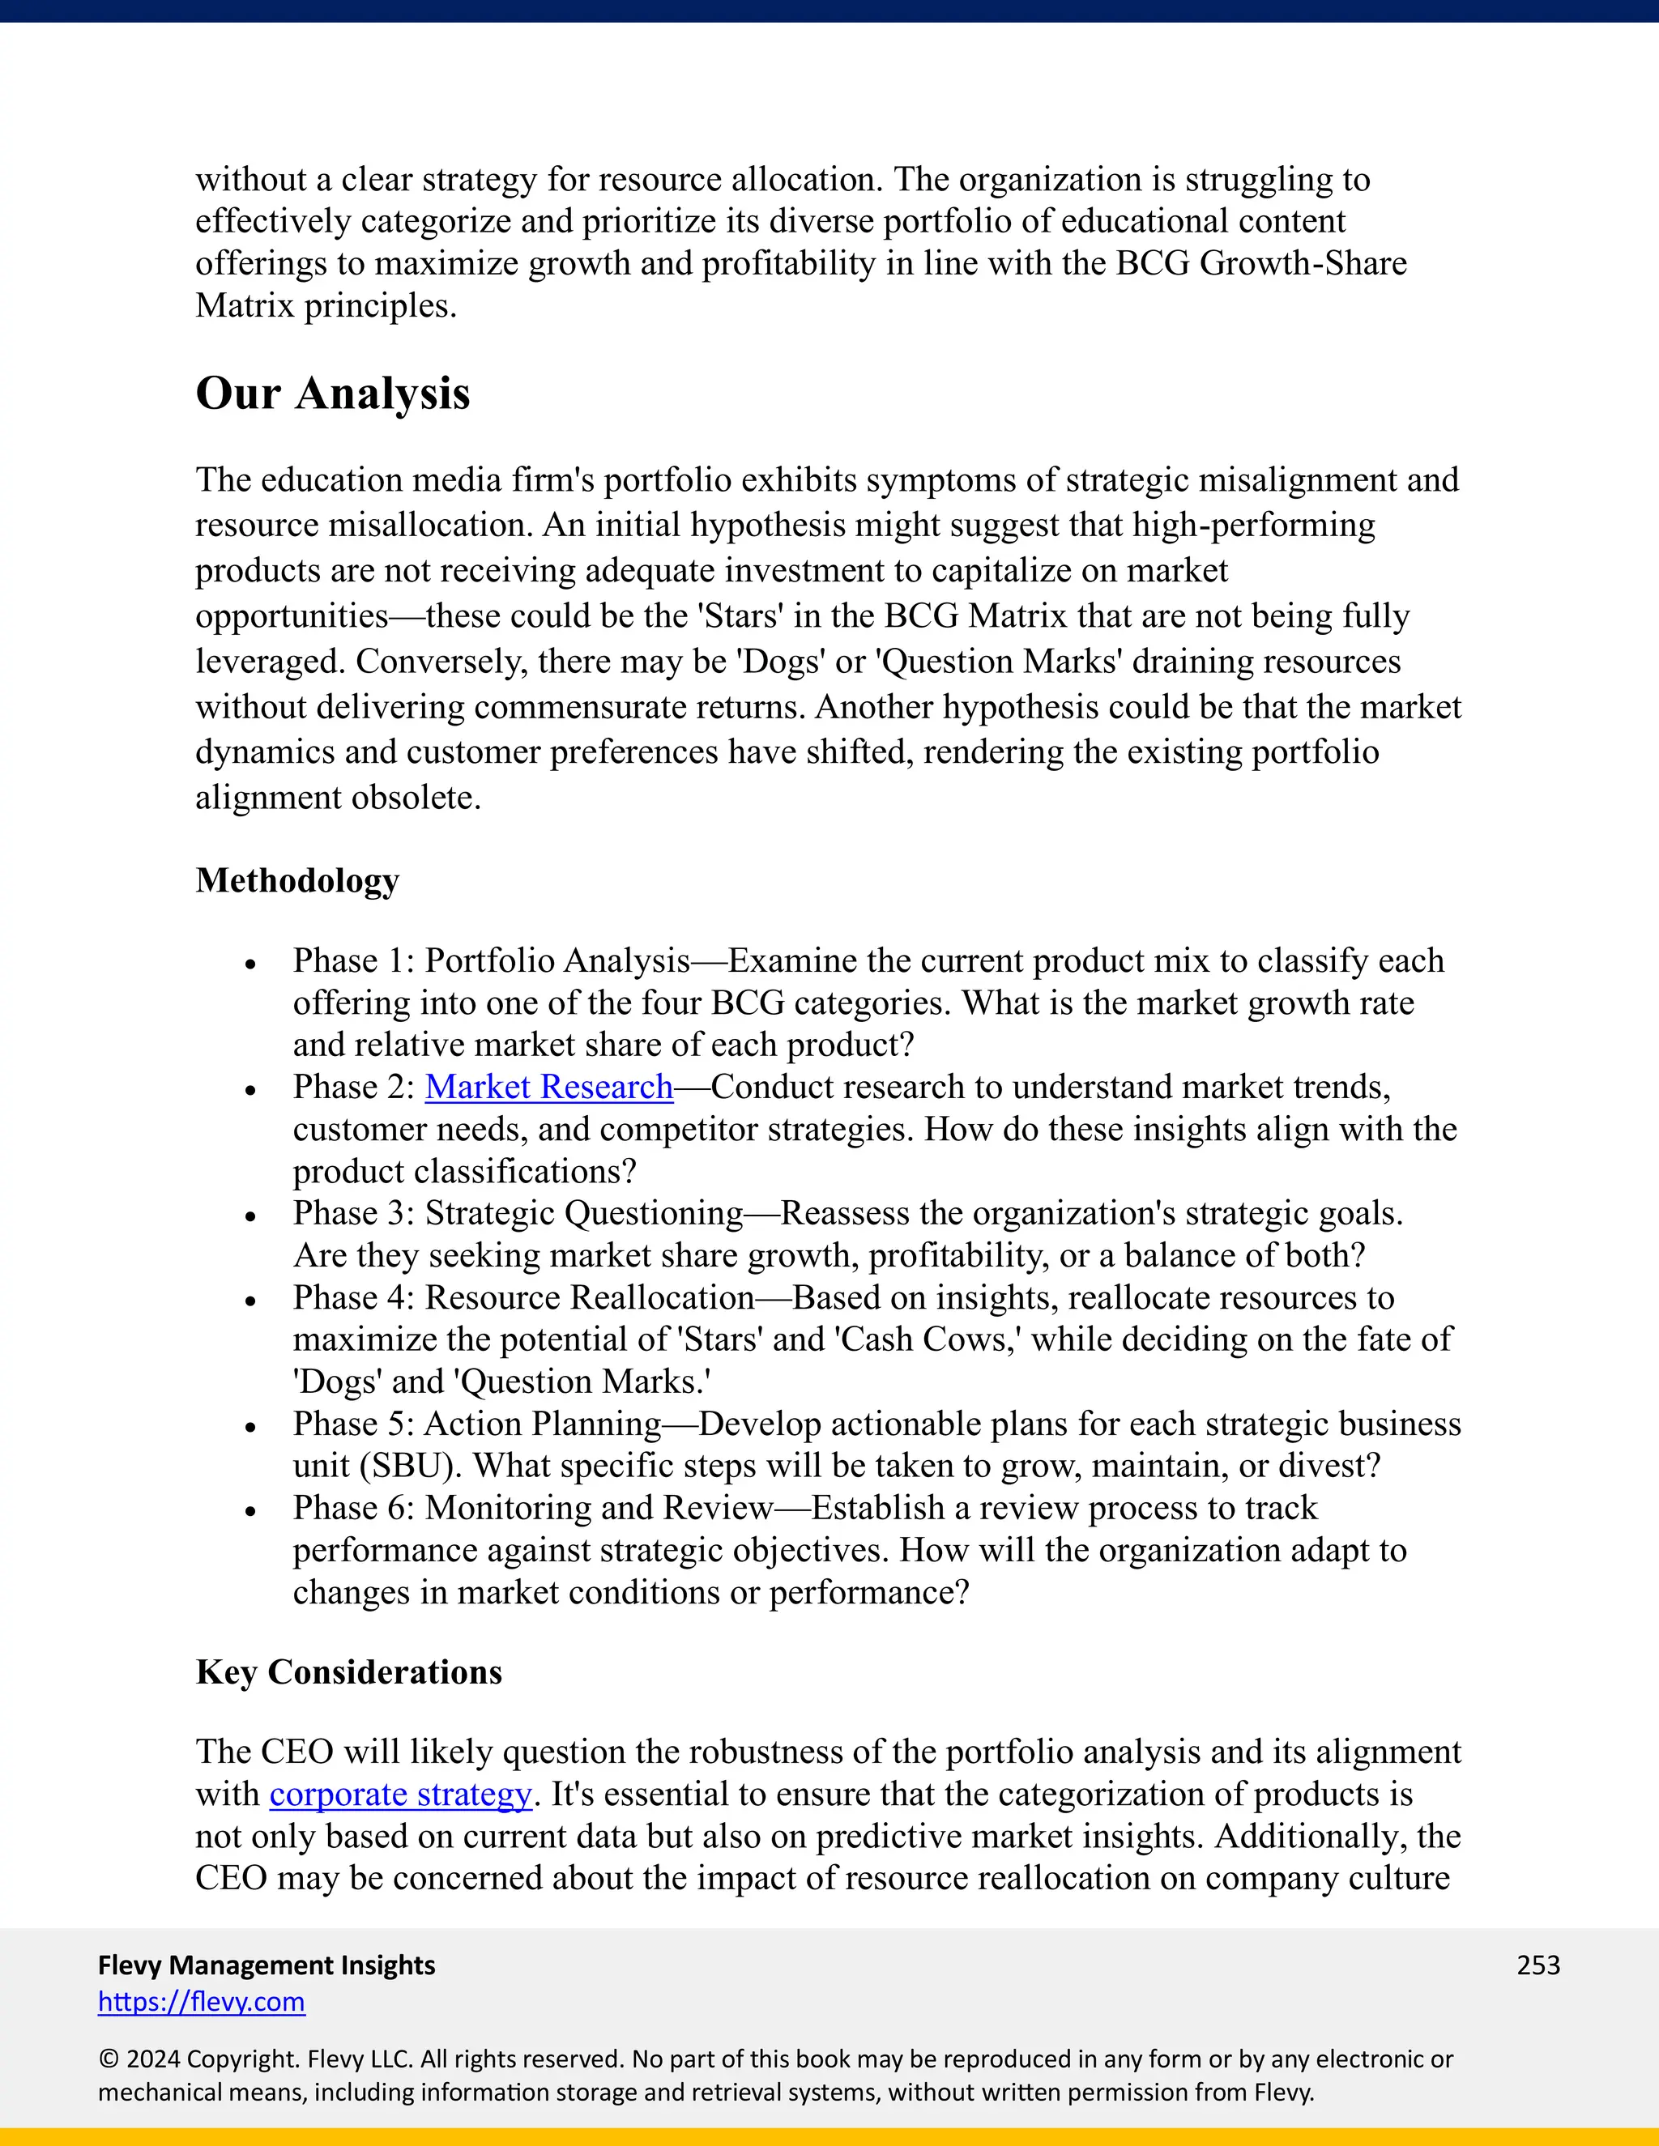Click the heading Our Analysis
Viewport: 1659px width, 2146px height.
coord(332,394)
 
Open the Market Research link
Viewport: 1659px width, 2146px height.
coord(548,1087)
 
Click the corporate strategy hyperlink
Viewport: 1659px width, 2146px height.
coord(400,1795)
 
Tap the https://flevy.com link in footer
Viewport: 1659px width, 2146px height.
coord(202,2002)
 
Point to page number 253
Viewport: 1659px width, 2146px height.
coord(1538,1965)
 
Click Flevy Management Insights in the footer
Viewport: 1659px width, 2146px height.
coord(267,1965)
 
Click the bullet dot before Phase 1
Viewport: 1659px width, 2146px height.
coord(250,965)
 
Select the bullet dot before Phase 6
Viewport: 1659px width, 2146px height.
coord(250,1512)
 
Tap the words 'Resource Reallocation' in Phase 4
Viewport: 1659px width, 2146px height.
coord(590,1298)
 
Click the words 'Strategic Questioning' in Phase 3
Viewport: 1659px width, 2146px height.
coord(584,1214)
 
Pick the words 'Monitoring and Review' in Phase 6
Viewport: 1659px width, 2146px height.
coord(599,1509)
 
